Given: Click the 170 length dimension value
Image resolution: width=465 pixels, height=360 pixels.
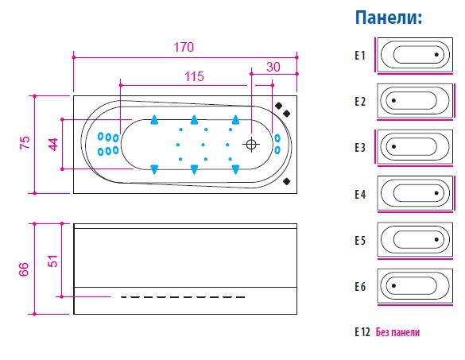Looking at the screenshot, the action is coord(184,47).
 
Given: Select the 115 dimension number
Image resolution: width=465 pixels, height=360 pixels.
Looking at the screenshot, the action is coord(194,76).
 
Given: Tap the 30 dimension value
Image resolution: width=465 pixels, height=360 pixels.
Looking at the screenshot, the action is coord(273,67).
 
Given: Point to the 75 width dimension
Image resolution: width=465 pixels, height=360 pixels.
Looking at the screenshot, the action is coord(25,142).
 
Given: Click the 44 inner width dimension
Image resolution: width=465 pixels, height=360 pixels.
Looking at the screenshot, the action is coord(53,145).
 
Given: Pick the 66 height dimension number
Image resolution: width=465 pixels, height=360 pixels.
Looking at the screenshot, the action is coord(24,269).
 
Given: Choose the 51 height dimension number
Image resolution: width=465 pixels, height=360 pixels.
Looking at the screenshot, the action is coord(52,261).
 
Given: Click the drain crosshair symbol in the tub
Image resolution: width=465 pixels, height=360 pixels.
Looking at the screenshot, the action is coord(251,145).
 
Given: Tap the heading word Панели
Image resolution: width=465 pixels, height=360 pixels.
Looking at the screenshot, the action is coord(388,17).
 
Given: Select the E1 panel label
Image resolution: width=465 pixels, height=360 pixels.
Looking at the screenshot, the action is coord(360,55).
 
